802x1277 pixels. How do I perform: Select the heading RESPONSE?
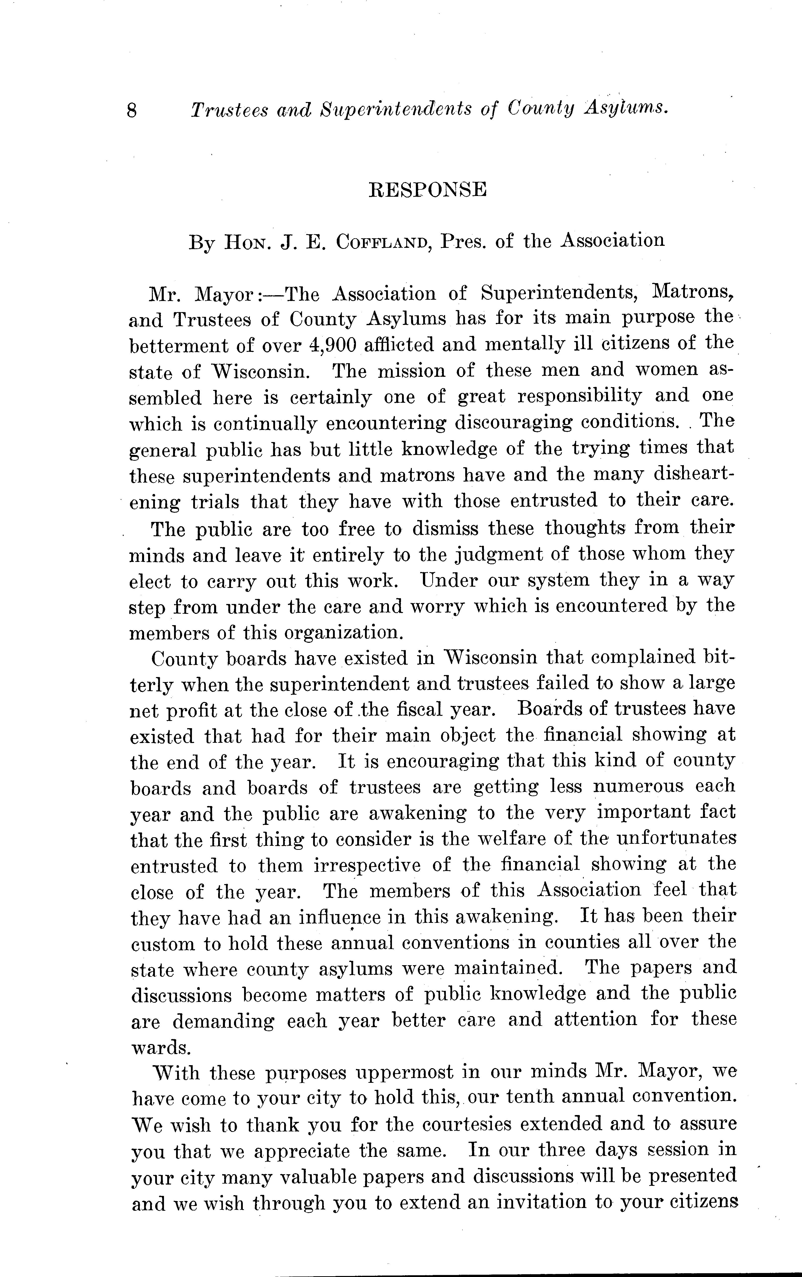pyautogui.click(x=427, y=189)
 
